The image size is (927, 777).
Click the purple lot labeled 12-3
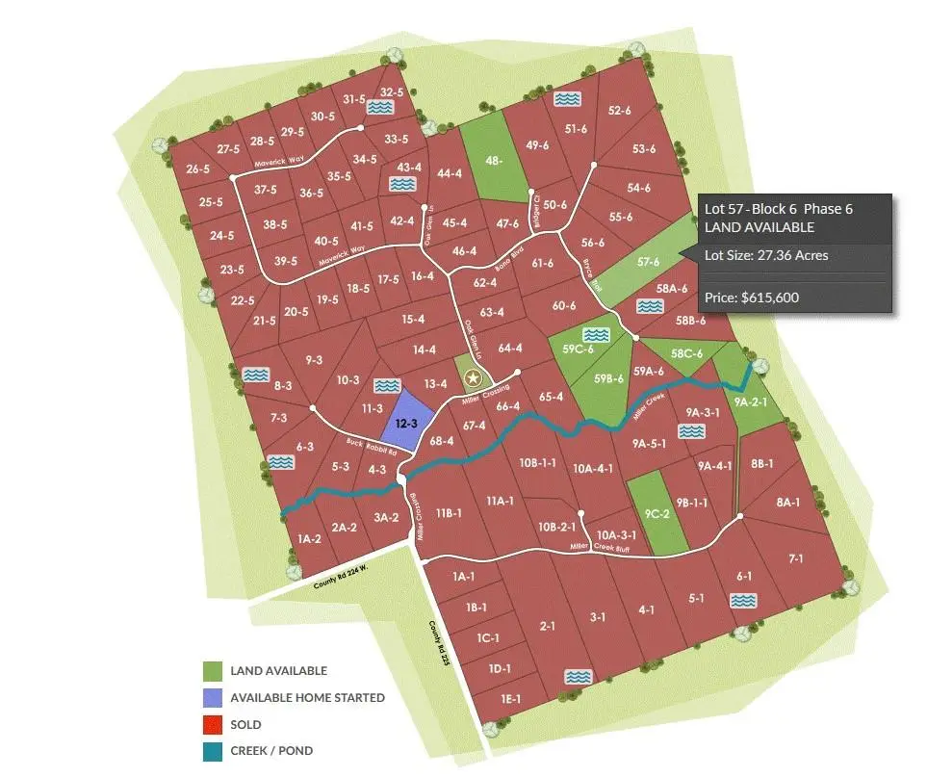[405, 422]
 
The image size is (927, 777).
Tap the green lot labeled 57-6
[647, 262]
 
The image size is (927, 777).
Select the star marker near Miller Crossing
[471, 378]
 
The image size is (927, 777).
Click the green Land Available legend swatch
[212, 671]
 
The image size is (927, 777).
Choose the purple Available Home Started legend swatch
[212, 698]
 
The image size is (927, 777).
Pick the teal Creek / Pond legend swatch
[212, 751]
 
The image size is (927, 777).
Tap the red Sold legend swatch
[212, 724]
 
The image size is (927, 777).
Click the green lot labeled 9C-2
[657, 513]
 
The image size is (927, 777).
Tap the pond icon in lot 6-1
[742, 600]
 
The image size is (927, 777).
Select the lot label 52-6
[620, 111]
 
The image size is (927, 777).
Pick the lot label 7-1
[795, 557]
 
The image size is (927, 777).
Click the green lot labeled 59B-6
[607, 378]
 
